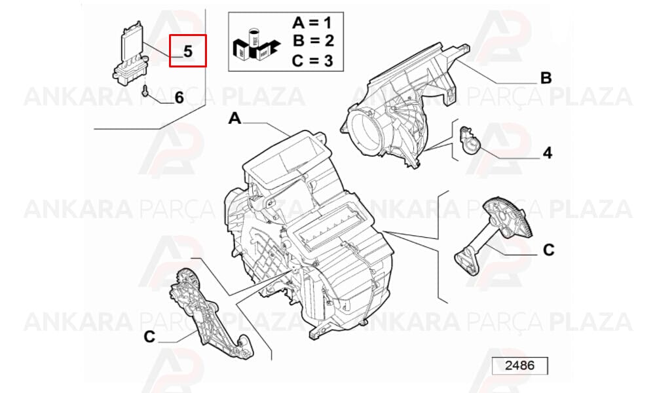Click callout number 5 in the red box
click(x=188, y=51)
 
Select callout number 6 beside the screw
click(x=179, y=98)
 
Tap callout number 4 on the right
click(x=547, y=153)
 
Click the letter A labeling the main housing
click(x=234, y=119)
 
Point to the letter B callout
click(x=546, y=78)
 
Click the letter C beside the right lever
click(x=548, y=250)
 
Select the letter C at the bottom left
click(x=149, y=337)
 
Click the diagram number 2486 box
click(x=519, y=366)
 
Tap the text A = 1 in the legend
click(x=312, y=22)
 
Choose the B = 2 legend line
click(x=313, y=41)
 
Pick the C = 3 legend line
click(x=312, y=60)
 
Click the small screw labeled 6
click(x=145, y=90)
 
